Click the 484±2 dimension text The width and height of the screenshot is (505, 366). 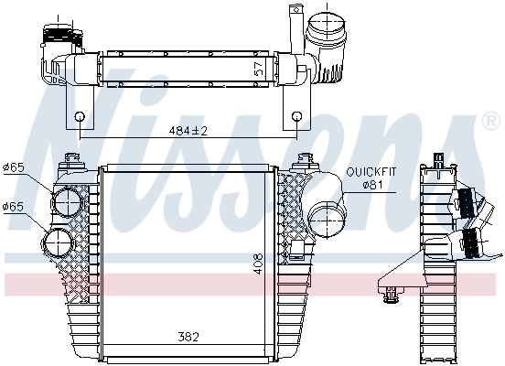[x=188, y=131]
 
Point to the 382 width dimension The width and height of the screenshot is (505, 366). [x=188, y=338]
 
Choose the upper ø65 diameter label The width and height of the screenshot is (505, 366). [x=15, y=167]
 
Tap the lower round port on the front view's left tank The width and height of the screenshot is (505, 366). [x=59, y=243]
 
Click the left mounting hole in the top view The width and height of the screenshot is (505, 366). [x=80, y=116]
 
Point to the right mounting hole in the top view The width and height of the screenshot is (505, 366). [x=297, y=116]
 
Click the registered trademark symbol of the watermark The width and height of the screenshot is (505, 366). [x=490, y=121]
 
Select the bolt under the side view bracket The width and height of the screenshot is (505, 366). [x=393, y=294]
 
